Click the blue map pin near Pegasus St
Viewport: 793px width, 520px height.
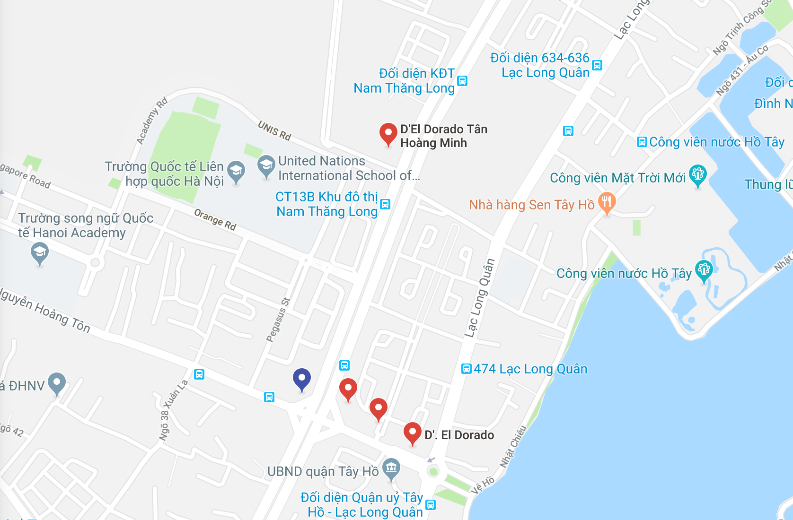tap(301, 379)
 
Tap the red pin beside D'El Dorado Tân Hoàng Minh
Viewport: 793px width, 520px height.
tap(388, 133)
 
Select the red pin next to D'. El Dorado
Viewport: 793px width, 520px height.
tap(412, 433)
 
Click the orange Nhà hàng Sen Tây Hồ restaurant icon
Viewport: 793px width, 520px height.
tap(607, 202)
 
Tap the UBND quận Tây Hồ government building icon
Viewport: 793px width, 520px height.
tap(391, 468)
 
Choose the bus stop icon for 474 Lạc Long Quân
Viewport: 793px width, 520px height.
tap(466, 369)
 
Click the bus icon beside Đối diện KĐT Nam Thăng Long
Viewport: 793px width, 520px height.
tap(462, 81)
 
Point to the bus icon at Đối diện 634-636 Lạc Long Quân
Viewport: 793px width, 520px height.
tap(597, 65)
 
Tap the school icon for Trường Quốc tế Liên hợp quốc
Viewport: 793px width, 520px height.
tap(236, 171)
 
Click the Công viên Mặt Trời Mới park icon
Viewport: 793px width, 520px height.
tap(697, 174)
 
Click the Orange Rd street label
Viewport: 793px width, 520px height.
tap(215, 220)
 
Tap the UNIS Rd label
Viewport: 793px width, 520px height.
tap(274, 130)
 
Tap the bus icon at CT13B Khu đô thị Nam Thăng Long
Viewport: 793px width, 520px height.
tap(386, 204)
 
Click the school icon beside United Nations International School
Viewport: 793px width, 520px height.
tap(266, 165)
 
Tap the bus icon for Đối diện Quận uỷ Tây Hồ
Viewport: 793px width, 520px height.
tap(430, 505)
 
